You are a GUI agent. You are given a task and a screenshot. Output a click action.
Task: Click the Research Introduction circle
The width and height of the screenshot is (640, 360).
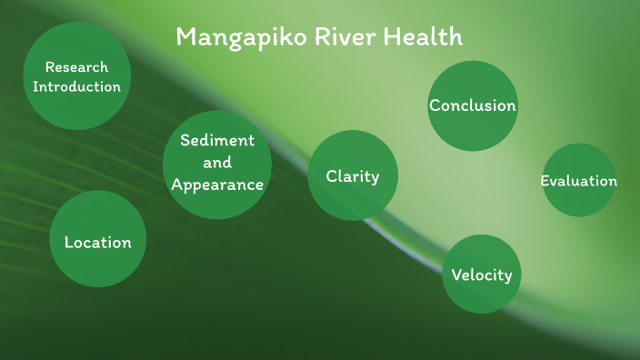tap(76, 77)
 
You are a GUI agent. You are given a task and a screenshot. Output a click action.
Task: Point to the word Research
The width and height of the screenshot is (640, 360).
tap(76, 67)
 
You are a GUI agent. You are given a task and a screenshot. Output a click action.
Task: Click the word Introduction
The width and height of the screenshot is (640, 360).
tap(76, 87)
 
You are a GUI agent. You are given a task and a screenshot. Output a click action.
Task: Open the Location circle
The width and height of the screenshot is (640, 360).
tap(97, 239)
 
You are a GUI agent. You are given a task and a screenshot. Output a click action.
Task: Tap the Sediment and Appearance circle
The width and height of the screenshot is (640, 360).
tap(217, 165)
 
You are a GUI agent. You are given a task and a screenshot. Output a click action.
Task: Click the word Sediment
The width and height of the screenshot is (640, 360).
tap(217, 140)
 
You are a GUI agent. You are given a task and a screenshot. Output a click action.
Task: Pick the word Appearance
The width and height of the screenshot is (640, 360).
tap(217, 185)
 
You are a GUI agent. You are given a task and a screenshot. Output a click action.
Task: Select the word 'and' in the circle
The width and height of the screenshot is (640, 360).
tap(217, 163)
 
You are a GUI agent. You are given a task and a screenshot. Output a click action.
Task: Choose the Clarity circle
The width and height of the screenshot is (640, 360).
tap(353, 175)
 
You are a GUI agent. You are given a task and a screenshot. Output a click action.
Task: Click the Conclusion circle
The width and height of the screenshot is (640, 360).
tap(472, 105)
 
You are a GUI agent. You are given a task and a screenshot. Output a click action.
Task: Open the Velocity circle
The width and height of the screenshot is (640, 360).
tap(482, 274)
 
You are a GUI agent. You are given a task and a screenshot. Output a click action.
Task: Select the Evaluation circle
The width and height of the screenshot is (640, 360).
tap(578, 180)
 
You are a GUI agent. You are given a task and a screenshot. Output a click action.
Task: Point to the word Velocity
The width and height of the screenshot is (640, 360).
tap(482, 275)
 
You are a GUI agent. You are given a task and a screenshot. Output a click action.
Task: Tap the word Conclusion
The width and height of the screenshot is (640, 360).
tap(472, 105)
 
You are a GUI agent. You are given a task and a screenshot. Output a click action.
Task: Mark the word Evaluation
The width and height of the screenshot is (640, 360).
tap(578, 181)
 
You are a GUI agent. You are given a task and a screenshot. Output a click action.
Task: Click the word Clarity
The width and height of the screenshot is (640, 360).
tap(353, 176)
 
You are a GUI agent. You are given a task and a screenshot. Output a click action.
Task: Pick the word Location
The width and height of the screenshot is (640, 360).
tap(97, 243)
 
